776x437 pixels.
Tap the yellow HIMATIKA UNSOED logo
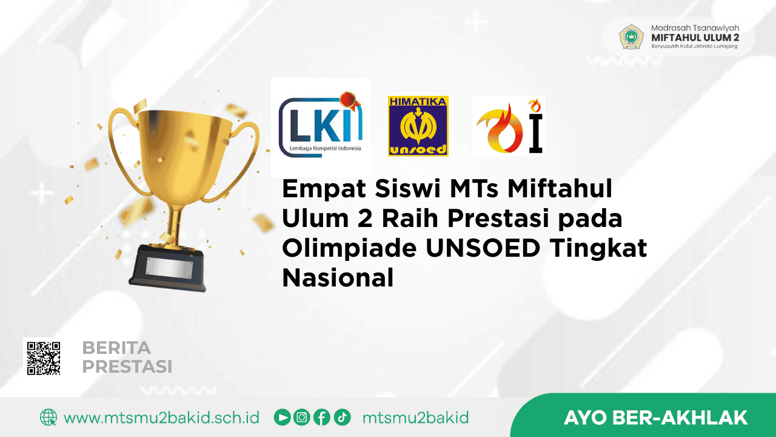click(x=418, y=126)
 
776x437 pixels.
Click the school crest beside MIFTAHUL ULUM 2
click(x=631, y=37)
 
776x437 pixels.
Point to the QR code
click(x=42, y=356)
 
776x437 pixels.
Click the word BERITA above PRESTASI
click(x=116, y=348)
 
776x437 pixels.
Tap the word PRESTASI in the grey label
click(x=127, y=367)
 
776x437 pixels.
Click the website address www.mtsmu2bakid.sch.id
click(x=161, y=418)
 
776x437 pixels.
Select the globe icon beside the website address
click(x=48, y=418)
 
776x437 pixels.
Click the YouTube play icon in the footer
click(x=282, y=418)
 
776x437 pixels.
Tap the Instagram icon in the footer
click(x=301, y=418)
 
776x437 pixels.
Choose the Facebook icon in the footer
click(x=321, y=418)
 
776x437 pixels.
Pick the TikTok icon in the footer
click(x=341, y=418)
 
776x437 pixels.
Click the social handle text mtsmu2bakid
click(x=415, y=418)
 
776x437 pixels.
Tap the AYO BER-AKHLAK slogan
click(x=655, y=418)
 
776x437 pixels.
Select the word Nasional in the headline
click(x=338, y=279)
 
